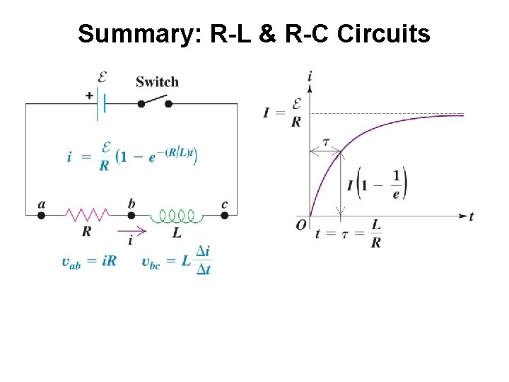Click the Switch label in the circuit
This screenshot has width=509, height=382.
(157, 81)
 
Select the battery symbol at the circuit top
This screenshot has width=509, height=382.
(103, 104)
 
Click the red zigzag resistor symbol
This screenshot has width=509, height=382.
(87, 214)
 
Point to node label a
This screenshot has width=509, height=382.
(41, 204)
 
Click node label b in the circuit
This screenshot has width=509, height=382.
(131, 204)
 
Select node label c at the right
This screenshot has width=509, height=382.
(224, 204)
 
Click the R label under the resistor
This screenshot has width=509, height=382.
(86, 231)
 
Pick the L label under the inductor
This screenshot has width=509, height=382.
(176, 231)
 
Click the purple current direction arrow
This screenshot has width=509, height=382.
(132, 230)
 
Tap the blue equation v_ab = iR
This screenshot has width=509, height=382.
(89, 261)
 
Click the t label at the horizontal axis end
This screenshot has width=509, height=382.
(472, 216)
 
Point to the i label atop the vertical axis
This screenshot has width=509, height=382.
(310, 76)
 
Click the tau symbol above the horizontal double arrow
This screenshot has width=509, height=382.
(326, 141)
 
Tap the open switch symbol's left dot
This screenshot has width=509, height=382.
(141, 104)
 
